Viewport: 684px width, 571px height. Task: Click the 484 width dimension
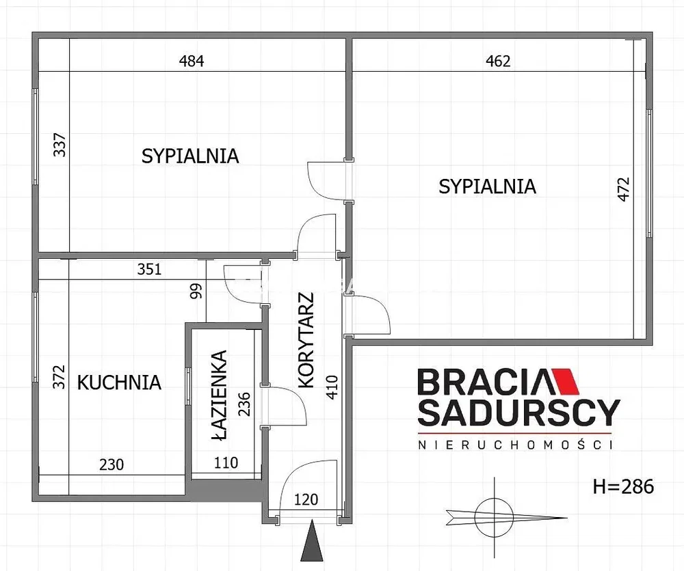[x=192, y=61]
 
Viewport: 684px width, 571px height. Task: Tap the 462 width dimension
[x=498, y=61]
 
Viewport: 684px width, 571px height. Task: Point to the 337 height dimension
[x=60, y=145]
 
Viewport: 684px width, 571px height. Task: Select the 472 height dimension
[x=624, y=189]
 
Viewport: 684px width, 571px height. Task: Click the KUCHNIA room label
[x=119, y=382]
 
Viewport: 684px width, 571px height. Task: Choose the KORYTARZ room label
[x=306, y=340]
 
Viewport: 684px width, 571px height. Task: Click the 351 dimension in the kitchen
[x=149, y=269]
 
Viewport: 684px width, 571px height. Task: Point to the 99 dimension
[x=197, y=290]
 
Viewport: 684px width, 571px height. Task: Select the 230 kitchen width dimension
[x=111, y=464]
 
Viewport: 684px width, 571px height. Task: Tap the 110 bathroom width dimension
[x=226, y=462]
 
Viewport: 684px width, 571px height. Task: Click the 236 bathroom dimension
[x=244, y=404]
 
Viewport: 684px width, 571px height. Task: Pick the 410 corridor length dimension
[x=332, y=387]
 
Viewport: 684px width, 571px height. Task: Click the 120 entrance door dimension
[x=306, y=499]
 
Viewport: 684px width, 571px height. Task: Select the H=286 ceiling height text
[x=623, y=486]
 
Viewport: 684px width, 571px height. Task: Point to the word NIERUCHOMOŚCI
[x=515, y=445]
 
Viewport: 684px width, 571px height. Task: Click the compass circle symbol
[x=494, y=518]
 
